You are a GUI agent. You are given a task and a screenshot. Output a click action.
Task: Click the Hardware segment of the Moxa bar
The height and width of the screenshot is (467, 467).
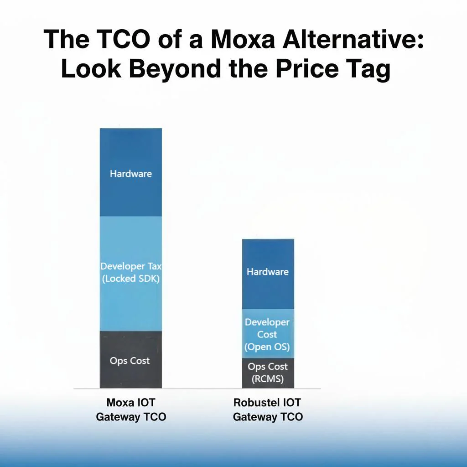pyautogui.click(x=131, y=172)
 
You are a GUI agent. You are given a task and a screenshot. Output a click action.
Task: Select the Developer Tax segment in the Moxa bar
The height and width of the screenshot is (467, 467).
pyautogui.click(x=131, y=274)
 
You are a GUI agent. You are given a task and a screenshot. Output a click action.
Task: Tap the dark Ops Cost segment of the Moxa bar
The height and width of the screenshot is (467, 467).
pyautogui.click(x=131, y=360)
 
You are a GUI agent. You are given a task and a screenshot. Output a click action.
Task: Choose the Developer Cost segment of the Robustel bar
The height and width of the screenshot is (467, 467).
pyautogui.click(x=268, y=334)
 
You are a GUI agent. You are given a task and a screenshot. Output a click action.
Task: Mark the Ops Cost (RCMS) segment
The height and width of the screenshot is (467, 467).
pyautogui.click(x=268, y=373)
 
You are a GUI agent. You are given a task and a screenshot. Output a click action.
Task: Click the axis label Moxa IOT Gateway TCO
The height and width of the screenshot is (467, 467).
pyautogui.click(x=131, y=410)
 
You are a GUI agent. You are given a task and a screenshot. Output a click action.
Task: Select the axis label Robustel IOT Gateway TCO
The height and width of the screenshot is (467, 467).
pyautogui.click(x=268, y=410)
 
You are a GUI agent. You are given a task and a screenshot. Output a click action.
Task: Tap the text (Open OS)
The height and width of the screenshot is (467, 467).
pyautogui.click(x=267, y=347)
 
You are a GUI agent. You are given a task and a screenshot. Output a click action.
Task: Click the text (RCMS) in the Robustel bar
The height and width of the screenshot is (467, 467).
pyautogui.click(x=268, y=379)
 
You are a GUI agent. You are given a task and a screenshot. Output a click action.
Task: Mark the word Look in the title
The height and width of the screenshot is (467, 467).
pyautogui.click(x=85, y=70)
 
